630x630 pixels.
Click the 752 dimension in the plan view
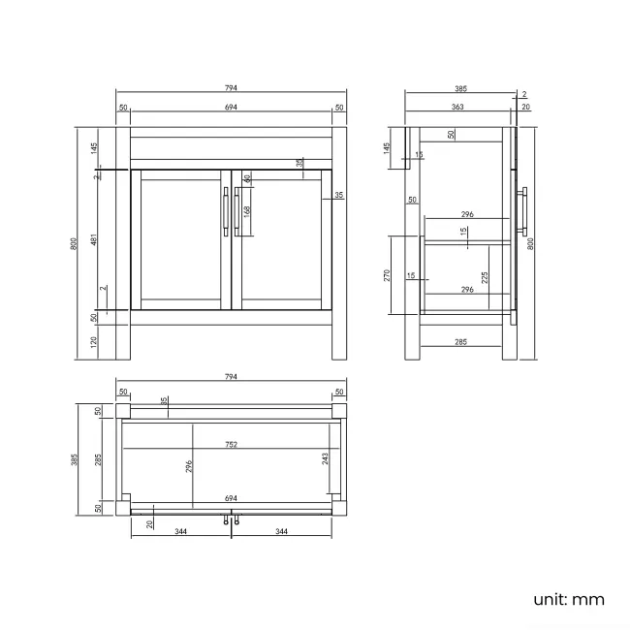(x=232, y=445)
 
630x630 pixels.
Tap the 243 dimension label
(x=327, y=457)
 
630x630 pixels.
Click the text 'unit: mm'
(x=568, y=599)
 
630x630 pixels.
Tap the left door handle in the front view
(x=226, y=210)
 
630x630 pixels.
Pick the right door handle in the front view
(x=236, y=210)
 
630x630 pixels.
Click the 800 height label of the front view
(x=75, y=243)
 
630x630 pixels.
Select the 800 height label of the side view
(x=530, y=243)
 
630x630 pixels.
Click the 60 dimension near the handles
(x=247, y=178)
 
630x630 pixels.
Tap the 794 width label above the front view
(x=231, y=88)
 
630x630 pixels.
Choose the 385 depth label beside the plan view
(x=75, y=459)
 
